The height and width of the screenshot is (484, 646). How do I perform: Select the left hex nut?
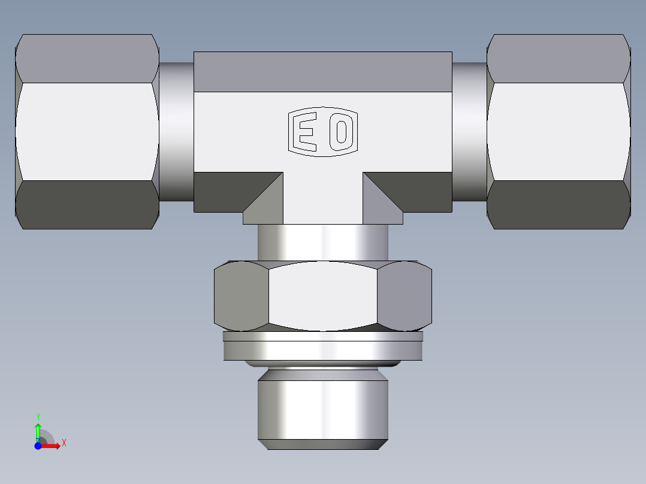[87, 132]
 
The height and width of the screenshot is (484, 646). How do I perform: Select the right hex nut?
[559, 132]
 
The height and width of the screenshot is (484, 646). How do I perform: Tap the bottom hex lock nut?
[322, 296]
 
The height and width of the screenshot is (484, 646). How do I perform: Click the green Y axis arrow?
[38, 429]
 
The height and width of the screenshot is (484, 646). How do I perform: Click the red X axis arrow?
[52, 446]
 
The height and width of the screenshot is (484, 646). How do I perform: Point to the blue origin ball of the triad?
[38, 446]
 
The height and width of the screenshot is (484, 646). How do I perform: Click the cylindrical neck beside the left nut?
[176, 132]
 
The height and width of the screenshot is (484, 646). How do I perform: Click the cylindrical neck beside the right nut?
[469, 132]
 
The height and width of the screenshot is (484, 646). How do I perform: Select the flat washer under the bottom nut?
[322, 347]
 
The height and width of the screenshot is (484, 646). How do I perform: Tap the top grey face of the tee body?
[322, 71]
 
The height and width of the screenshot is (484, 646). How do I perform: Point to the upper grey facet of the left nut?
[87, 59]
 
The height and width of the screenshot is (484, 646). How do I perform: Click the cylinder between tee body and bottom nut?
[322, 242]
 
